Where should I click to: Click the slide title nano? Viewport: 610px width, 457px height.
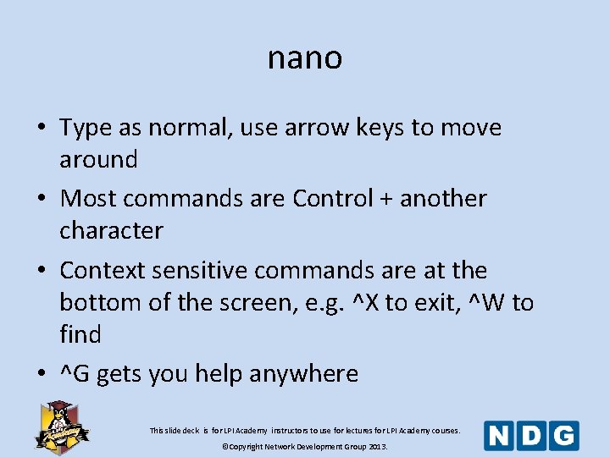(305, 58)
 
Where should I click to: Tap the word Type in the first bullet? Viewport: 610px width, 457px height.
(86, 129)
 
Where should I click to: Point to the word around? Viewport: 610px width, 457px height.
(98, 159)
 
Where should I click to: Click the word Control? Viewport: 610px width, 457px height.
(332, 199)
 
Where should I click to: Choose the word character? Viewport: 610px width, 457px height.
(111, 230)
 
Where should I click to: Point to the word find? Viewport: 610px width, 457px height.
(80, 334)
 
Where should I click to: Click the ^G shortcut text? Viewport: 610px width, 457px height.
(75, 374)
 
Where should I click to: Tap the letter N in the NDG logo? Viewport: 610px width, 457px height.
(500, 436)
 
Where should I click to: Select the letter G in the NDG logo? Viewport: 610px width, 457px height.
(564, 436)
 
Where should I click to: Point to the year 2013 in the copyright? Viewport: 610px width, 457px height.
(375, 446)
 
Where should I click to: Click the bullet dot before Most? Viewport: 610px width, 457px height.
(42, 200)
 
